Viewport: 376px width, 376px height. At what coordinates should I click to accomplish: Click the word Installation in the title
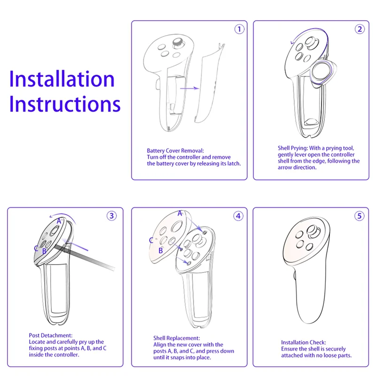(62, 79)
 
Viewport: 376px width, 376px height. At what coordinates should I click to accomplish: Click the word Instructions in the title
(65, 104)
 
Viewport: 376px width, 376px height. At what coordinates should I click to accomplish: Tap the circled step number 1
(240, 29)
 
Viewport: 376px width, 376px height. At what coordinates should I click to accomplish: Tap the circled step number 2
(360, 29)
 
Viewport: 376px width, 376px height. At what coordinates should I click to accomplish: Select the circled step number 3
(111, 216)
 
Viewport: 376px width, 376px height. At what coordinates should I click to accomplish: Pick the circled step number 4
(238, 216)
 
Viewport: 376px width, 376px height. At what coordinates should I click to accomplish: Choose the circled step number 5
(360, 216)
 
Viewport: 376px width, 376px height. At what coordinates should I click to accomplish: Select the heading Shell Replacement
(176, 338)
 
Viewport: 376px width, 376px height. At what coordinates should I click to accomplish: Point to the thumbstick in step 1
(179, 43)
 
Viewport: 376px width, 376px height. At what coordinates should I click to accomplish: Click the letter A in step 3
(59, 220)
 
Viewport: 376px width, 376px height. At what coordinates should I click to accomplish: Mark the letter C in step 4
(151, 240)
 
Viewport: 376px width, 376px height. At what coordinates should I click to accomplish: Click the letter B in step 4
(160, 251)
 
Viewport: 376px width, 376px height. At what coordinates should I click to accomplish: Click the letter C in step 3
(36, 248)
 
